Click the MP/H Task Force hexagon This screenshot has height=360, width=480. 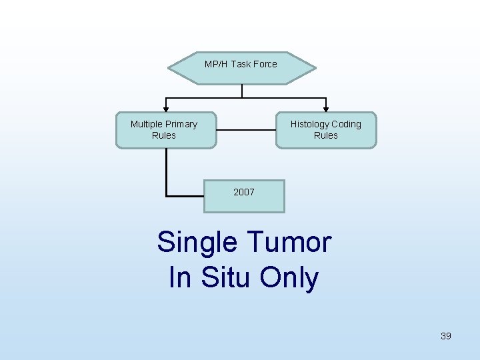pyautogui.click(x=241, y=68)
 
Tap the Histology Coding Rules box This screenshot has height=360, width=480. pyautogui.click(x=326, y=130)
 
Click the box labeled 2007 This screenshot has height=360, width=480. pyautogui.click(x=244, y=196)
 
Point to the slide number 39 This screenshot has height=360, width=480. pyautogui.click(x=446, y=336)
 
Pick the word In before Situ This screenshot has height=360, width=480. pyautogui.click(x=180, y=277)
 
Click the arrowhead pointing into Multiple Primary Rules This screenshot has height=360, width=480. pyautogui.click(x=166, y=107)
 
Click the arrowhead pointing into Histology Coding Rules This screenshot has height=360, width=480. pyautogui.click(x=326, y=107)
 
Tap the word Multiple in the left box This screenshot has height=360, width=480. pyautogui.click(x=147, y=124)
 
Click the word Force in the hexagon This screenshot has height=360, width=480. pyautogui.click(x=265, y=64)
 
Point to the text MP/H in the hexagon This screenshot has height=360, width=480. pyautogui.click(x=216, y=64)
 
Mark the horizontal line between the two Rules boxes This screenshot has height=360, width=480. pyautogui.click(x=247, y=130)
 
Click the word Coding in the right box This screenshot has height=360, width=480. pyautogui.click(x=346, y=124)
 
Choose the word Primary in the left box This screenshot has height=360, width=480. pyautogui.click(x=181, y=124)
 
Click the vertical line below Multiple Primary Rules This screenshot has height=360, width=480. pyautogui.click(x=166, y=172)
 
